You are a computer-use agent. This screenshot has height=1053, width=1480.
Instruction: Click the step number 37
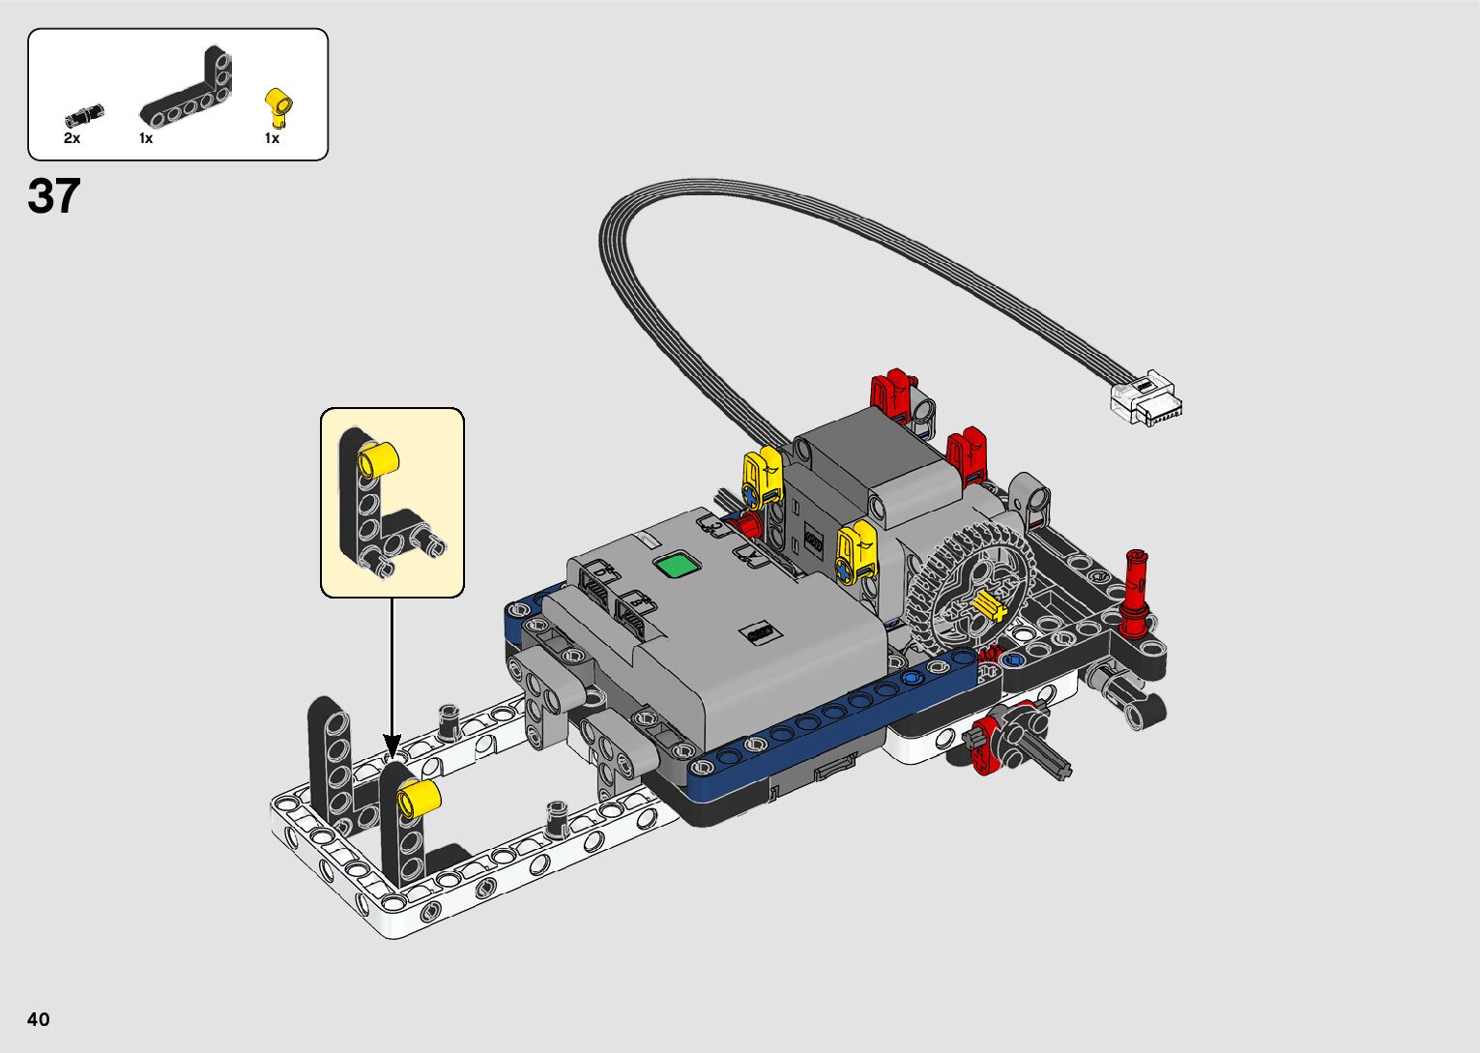pos(54,195)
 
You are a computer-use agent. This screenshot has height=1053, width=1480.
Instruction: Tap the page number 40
pos(39,1019)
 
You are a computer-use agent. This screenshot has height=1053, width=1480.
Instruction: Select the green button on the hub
pos(677,566)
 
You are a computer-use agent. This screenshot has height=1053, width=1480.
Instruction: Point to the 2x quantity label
pos(72,138)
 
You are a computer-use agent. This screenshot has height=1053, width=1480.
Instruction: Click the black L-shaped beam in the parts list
pos(187,88)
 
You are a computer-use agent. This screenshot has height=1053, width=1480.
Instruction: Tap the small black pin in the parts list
pos(84,115)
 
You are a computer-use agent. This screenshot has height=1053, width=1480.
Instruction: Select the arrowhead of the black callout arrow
pos(392,746)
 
